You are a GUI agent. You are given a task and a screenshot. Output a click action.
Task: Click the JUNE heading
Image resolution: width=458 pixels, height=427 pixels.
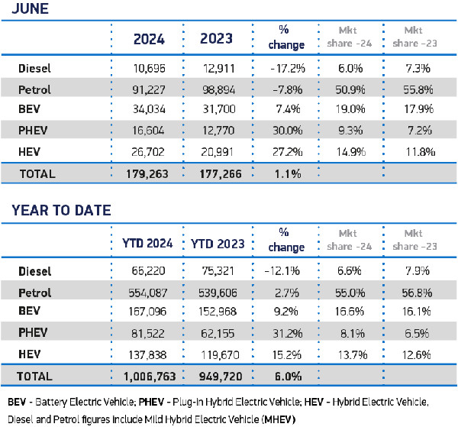[26, 9]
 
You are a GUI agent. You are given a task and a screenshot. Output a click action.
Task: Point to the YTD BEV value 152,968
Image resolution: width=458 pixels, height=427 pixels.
[218, 313]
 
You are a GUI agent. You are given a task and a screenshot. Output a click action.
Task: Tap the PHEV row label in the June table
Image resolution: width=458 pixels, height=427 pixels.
[33, 131]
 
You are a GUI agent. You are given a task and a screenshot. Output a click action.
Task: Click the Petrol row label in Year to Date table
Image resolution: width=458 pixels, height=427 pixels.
[35, 293]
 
